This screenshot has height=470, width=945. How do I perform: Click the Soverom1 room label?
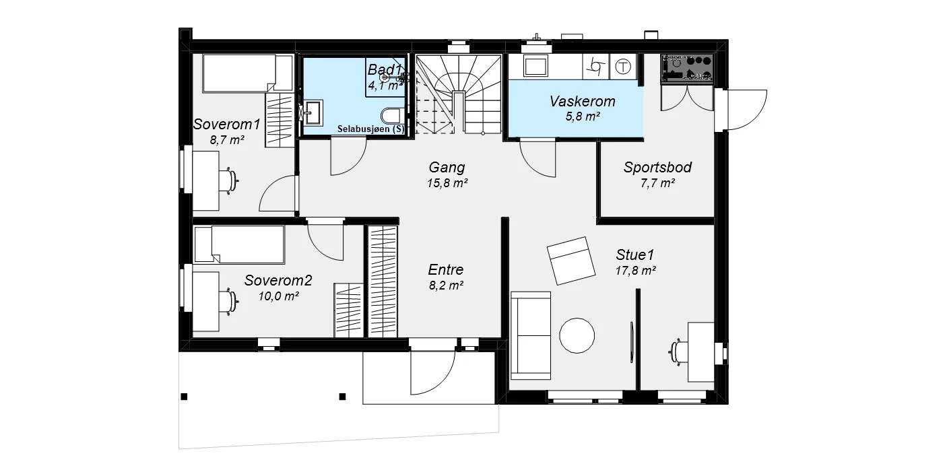[226, 124]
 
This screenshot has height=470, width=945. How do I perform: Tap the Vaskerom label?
[582, 101]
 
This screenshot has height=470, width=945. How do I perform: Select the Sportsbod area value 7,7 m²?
[657, 183]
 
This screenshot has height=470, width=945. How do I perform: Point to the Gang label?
[447, 168]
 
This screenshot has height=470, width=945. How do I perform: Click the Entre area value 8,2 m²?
[447, 286]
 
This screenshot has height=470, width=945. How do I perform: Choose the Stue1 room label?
[635, 255]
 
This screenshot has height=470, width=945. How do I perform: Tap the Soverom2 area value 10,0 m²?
[278, 296]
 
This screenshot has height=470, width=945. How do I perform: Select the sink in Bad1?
[313, 112]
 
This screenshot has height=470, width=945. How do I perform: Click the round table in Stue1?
[577, 335]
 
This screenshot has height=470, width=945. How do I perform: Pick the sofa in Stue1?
[531, 335]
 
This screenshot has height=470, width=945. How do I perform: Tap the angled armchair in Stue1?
[571, 261]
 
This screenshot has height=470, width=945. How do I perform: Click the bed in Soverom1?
[248, 73]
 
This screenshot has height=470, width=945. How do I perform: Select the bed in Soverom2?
[239, 244]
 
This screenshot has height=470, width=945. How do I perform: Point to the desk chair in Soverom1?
[230, 180]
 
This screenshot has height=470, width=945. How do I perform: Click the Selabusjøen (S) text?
[370, 129]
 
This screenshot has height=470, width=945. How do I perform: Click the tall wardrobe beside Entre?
[383, 281]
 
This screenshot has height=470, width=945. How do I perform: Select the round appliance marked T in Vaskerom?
[623, 67]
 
